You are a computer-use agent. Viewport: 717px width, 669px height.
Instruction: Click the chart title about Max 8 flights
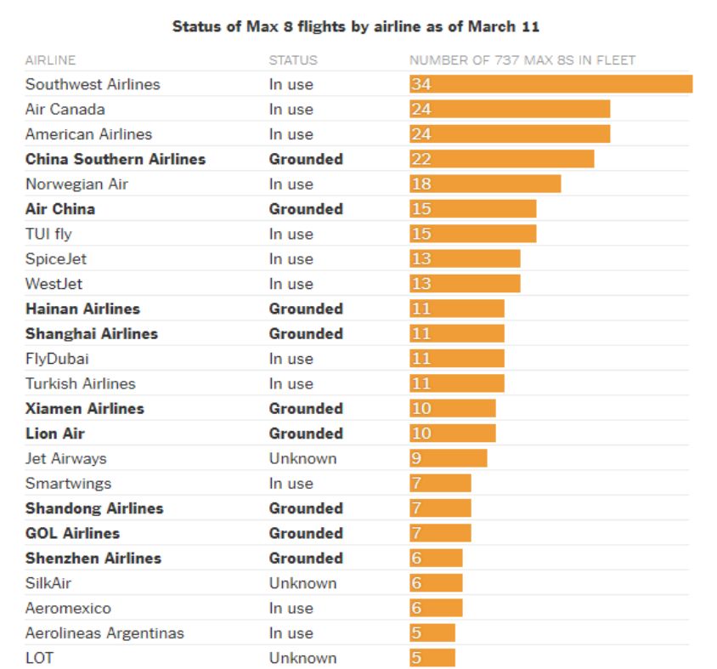pyautogui.click(x=356, y=26)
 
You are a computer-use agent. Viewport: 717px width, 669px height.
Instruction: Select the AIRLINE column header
pyautogui.click(x=50, y=60)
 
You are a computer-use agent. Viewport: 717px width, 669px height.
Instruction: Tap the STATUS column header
pyautogui.click(x=293, y=60)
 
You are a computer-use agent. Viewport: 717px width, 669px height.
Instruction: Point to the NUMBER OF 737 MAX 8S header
pyautogui.click(x=522, y=60)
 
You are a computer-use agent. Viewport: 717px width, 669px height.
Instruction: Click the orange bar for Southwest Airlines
pyautogui.click(x=550, y=84)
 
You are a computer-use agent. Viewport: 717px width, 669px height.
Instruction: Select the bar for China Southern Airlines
pyautogui.click(x=501, y=159)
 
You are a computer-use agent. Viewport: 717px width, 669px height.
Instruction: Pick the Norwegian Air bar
pyautogui.click(x=485, y=184)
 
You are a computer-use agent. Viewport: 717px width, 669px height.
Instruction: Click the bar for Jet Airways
pyautogui.click(x=448, y=458)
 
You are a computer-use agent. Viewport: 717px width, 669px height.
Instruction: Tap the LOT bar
pyautogui.click(x=432, y=658)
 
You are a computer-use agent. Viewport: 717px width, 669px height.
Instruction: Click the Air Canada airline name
pyautogui.click(x=65, y=109)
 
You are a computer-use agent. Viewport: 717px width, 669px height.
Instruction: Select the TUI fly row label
pyautogui.click(x=48, y=234)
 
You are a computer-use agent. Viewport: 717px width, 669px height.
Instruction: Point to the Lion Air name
pyautogui.click(x=55, y=434)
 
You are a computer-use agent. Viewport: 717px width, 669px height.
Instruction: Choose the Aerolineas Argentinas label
pyautogui.click(x=104, y=633)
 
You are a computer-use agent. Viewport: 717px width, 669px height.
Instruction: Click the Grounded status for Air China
pyautogui.click(x=306, y=209)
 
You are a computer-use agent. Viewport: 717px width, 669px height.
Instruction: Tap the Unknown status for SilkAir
pyautogui.click(x=302, y=583)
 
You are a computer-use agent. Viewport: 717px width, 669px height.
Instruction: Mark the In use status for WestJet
pyautogui.click(x=291, y=284)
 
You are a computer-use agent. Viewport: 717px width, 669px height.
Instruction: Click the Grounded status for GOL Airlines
pyautogui.click(x=306, y=533)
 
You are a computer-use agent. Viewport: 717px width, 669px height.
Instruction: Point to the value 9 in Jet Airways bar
pyautogui.click(x=416, y=458)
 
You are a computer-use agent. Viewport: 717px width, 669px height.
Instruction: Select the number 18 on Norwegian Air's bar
pyautogui.click(x=421, y=184)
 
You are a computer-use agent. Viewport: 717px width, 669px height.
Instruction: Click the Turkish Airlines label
pyautogui.click(x=81, y=383)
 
